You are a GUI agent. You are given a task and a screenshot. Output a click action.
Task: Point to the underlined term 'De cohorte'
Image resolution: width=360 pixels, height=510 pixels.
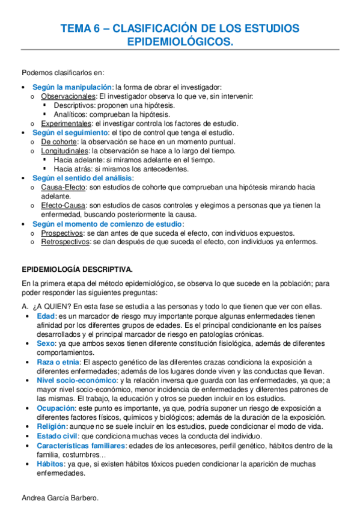point(59,141)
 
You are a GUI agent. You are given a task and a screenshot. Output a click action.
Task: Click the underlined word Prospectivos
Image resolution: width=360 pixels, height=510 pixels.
point(63,233)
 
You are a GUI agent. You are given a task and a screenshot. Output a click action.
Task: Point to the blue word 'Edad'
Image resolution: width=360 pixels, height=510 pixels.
point(47,316)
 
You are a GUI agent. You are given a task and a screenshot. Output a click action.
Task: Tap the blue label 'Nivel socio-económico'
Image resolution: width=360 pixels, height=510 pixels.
point(77,380)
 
